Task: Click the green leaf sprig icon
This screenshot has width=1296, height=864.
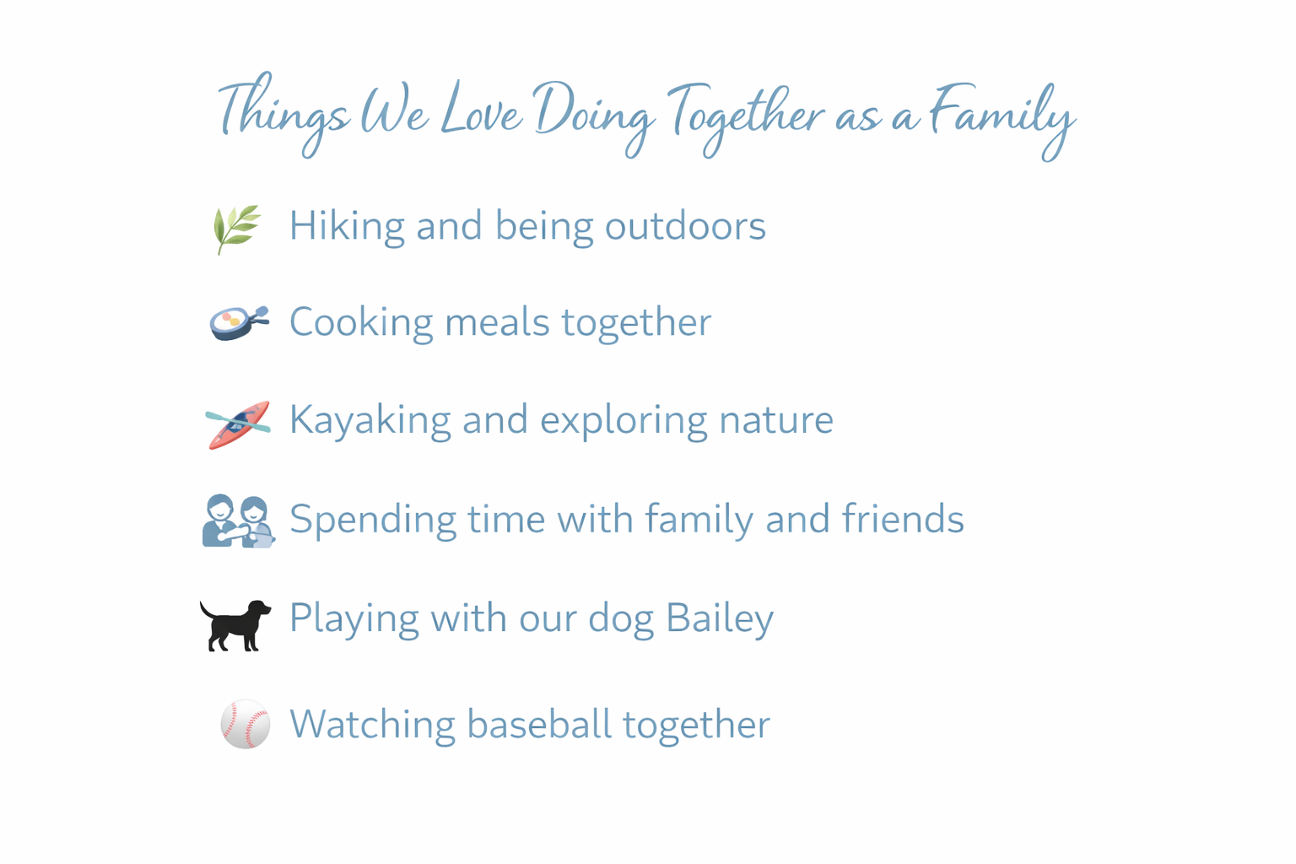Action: coord(236,228)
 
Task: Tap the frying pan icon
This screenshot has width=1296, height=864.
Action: coord(239,322)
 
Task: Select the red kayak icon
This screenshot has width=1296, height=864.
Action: coord(238,424)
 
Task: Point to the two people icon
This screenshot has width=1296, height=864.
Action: coord(238,521)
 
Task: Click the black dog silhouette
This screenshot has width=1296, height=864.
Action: coord(235,624)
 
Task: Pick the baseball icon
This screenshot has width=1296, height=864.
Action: coord(245,724)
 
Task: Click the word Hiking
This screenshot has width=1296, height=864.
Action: coord(346,226)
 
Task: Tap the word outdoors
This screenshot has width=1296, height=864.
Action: coord(684,226)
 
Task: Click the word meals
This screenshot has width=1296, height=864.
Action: coord(497,322)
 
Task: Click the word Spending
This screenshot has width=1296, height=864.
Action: coord(372,520)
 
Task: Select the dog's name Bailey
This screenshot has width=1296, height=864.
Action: coord(719,618)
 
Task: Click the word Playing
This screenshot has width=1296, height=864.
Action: coord(354,618)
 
